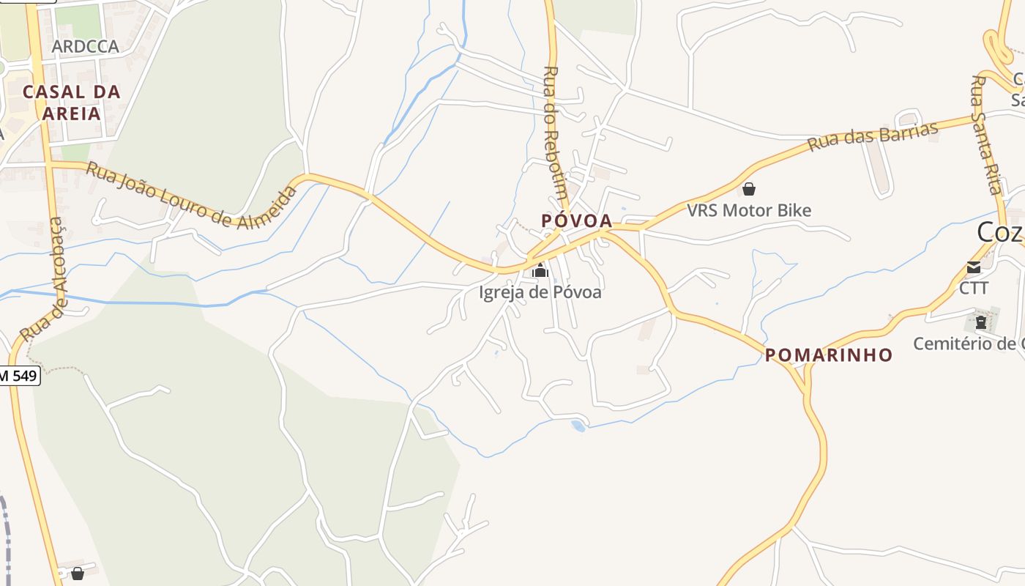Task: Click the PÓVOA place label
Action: click(576, 220)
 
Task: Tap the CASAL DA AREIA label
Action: click(71, 103)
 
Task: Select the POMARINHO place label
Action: click(829, 355)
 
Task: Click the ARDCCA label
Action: click(85, 47)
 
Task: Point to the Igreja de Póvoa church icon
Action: click(540, 271)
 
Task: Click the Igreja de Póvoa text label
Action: click(540, 292)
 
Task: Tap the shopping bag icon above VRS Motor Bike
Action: click(749, 189)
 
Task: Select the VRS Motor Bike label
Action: click(749, 211)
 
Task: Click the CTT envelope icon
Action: click(974, 267)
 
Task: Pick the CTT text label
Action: click(974, 289)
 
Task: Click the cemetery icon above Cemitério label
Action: click(981, 322)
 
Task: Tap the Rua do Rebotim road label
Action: click(554, 133)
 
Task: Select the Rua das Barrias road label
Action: click(873, 137)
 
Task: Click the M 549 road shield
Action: click(20, 377)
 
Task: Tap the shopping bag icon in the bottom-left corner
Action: click(78, 573)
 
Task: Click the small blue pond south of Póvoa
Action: click(578, 425)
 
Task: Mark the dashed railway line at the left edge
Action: click(7, 535)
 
